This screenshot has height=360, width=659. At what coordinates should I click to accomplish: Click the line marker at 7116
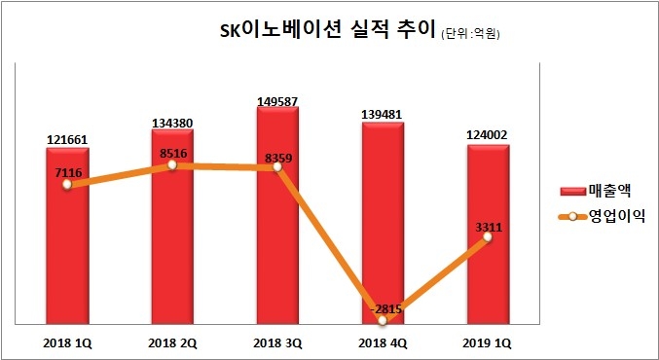click(66, 185)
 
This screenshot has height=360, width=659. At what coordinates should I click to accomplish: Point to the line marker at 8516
click(171, 164)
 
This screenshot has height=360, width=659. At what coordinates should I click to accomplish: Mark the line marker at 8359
click(277, 167)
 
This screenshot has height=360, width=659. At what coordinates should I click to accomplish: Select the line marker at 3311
click(487, 236)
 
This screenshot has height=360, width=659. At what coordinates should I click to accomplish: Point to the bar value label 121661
click(66, 139)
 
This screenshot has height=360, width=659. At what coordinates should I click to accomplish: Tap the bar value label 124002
click(488, 137)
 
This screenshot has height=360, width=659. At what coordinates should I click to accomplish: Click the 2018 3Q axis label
click(277, 342)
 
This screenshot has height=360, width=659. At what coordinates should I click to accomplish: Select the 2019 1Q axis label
click(488, 342)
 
